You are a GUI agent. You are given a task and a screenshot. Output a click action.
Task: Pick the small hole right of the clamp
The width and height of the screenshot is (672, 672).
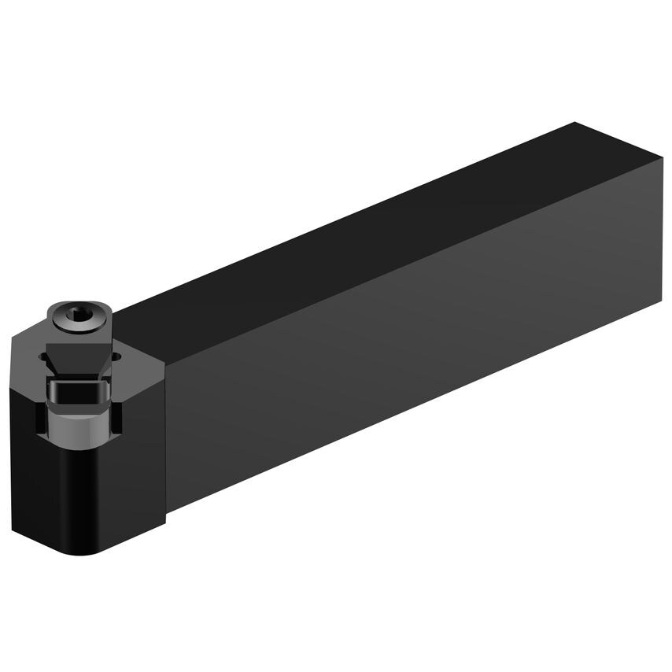point(117,356)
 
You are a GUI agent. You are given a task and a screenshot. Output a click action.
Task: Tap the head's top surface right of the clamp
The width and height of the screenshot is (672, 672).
point(142,354)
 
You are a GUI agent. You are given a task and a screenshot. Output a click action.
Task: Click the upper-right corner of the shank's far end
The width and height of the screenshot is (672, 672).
point(662,161)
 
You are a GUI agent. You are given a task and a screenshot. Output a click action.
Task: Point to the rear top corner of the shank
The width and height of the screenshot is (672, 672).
point(575,124)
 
